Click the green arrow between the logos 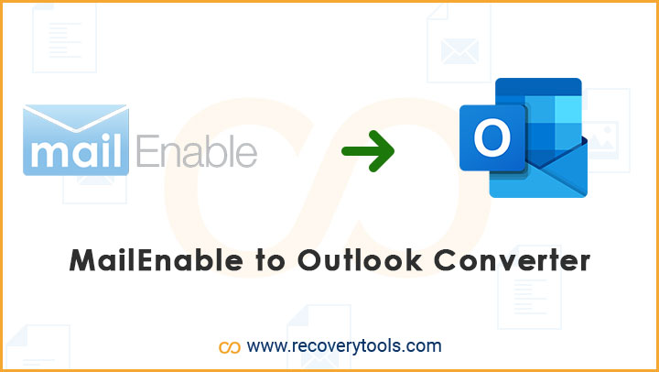tap(368, 150)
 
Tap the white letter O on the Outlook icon tap(492, 137)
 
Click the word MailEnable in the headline tap(156, 261)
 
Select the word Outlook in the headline tap(360, 261)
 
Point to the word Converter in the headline tap(512, 261)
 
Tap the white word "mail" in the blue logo tap(76, 150)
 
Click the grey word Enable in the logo tap(197, 150)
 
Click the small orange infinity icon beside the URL tap(230, 347)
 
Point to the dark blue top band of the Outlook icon tap(538, 87)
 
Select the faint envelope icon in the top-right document tap(459, 51)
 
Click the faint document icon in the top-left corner tap(65, 38)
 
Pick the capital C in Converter tap(445, 261)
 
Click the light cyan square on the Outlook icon tap(567, 109)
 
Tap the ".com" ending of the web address tap(421, 346)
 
